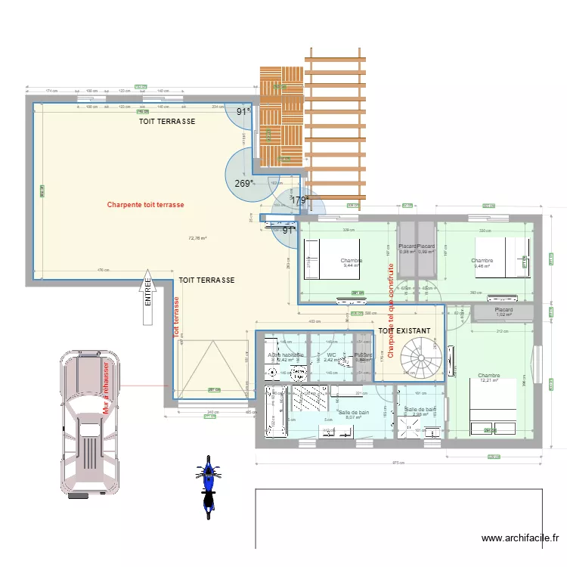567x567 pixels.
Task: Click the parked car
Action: coord(89,423)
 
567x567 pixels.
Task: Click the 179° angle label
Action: coord(300,200)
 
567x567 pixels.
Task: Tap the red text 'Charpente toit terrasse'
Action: coord(145,204)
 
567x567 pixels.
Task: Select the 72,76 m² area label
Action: coord(197,238)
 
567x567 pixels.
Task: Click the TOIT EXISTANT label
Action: coord(404,331)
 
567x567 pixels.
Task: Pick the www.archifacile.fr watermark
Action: coord(520,538)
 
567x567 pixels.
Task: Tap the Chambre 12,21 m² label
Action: coord(489,378)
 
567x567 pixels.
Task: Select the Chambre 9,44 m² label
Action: coord(352,263)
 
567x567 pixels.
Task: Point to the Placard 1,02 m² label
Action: coord(504,311)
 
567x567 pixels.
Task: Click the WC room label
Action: coord(331,357)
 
